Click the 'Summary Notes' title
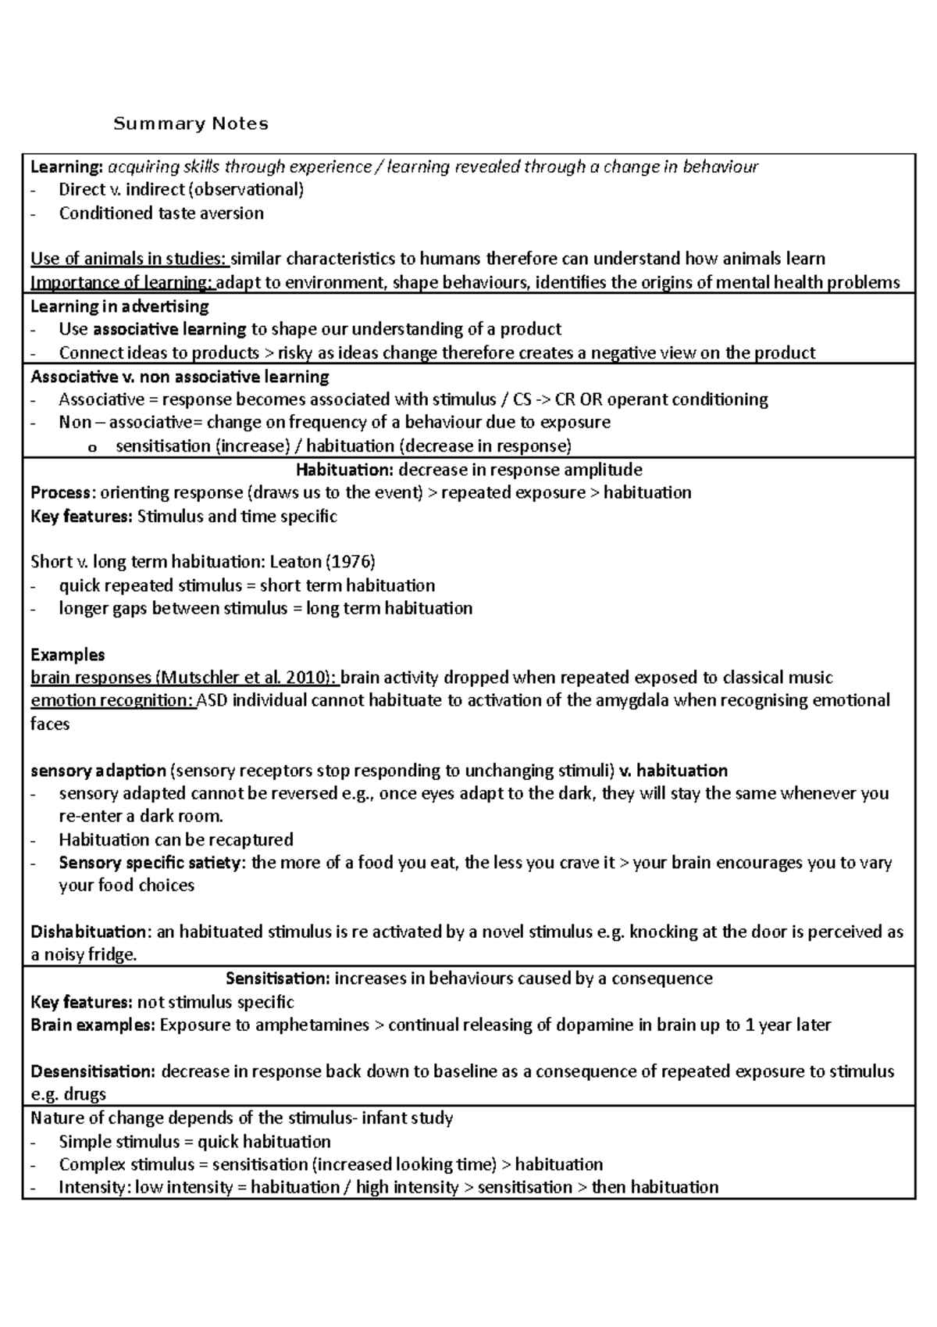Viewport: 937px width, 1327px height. [x=191, y=123]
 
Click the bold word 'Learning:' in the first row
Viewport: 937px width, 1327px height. [x=66, y=166]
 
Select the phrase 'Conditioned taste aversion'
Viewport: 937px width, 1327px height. [x=161, y=213]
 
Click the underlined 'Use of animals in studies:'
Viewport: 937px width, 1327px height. [x=129, y=259]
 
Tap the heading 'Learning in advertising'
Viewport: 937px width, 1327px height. [x=119, y=306]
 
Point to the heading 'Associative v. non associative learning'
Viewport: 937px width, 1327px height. [x=180, y=377]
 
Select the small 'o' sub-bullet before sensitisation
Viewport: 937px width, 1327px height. [x=94, y=447]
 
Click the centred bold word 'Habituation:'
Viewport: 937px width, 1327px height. [x=344, y=470]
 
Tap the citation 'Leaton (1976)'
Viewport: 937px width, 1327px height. [x=322, y=562]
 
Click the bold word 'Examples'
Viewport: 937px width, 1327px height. [x=67, y=655]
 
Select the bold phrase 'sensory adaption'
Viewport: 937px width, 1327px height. [x=98, y=771]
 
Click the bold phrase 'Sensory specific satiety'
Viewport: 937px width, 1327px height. [x=151, y=863]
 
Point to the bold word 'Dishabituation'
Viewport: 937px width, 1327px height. [x=88, y=932]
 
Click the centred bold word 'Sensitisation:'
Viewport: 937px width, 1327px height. [x=277, y=978]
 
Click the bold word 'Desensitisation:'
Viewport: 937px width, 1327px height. [x=93, y=1071]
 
